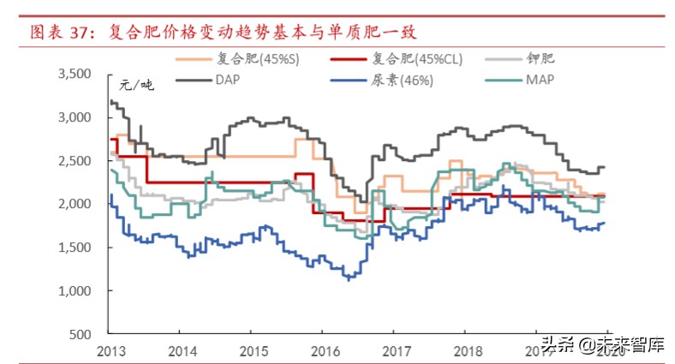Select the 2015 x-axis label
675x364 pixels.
(x=252, y=350)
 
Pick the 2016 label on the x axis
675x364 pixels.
(x=323, y=350)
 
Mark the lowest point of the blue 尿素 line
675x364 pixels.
(x=348, y=279)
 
